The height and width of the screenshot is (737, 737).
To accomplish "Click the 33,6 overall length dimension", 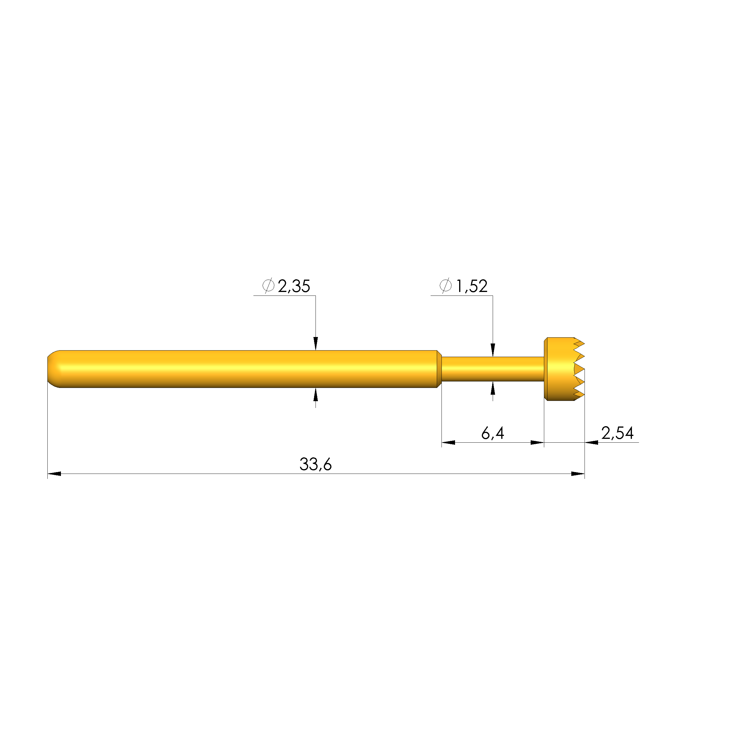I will (x=316, y=464).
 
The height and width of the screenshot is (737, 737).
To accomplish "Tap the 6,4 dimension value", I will (x=492, y=433).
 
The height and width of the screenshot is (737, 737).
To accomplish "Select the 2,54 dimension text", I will (x=617, y=433).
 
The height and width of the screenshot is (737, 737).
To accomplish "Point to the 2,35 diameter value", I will (x=294, y=286).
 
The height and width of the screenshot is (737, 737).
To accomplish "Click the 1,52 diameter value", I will (x=472, y=286).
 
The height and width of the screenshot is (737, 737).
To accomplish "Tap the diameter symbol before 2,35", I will (x=268, y=285).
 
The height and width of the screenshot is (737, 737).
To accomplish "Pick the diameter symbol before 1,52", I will (x=445, y=285).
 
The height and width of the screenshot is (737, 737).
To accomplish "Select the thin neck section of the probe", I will (x=492, y=369).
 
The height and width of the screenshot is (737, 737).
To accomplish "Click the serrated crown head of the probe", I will (x=563, y=369).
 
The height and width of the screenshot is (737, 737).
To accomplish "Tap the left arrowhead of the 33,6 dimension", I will (x=54, y=474).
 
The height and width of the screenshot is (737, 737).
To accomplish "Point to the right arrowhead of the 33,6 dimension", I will (x=577, y=474).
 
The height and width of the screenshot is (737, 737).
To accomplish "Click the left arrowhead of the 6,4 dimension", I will (x=448, y=442).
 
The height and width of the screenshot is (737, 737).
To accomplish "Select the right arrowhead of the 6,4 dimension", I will (x=537, y=442).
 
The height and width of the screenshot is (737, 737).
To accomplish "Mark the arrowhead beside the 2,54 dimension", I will (x=591, y=442).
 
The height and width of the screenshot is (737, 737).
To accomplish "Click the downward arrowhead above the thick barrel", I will (x=316, y=343).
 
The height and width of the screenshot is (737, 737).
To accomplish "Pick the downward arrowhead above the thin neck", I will (x=492, y=350).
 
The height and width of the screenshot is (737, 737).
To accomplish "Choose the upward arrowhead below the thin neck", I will (x=492, y=388).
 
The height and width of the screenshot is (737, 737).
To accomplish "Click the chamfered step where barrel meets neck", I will (x=439, y=369).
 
